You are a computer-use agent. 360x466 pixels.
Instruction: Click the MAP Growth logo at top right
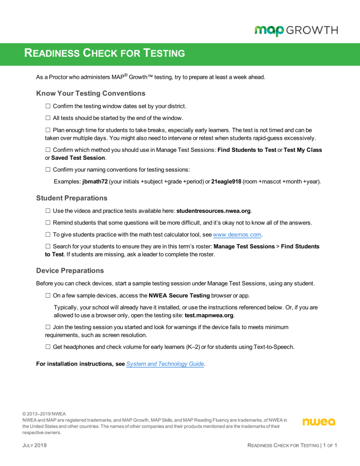point(296,31)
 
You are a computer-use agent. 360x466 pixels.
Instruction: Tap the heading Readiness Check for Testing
point(105,53)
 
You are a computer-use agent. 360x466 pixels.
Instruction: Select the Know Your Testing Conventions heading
point(90,93)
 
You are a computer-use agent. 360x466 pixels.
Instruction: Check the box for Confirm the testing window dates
point(48,107)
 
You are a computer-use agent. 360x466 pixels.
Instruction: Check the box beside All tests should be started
point(48,120)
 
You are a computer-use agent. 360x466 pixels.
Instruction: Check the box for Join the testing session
point(48,327)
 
